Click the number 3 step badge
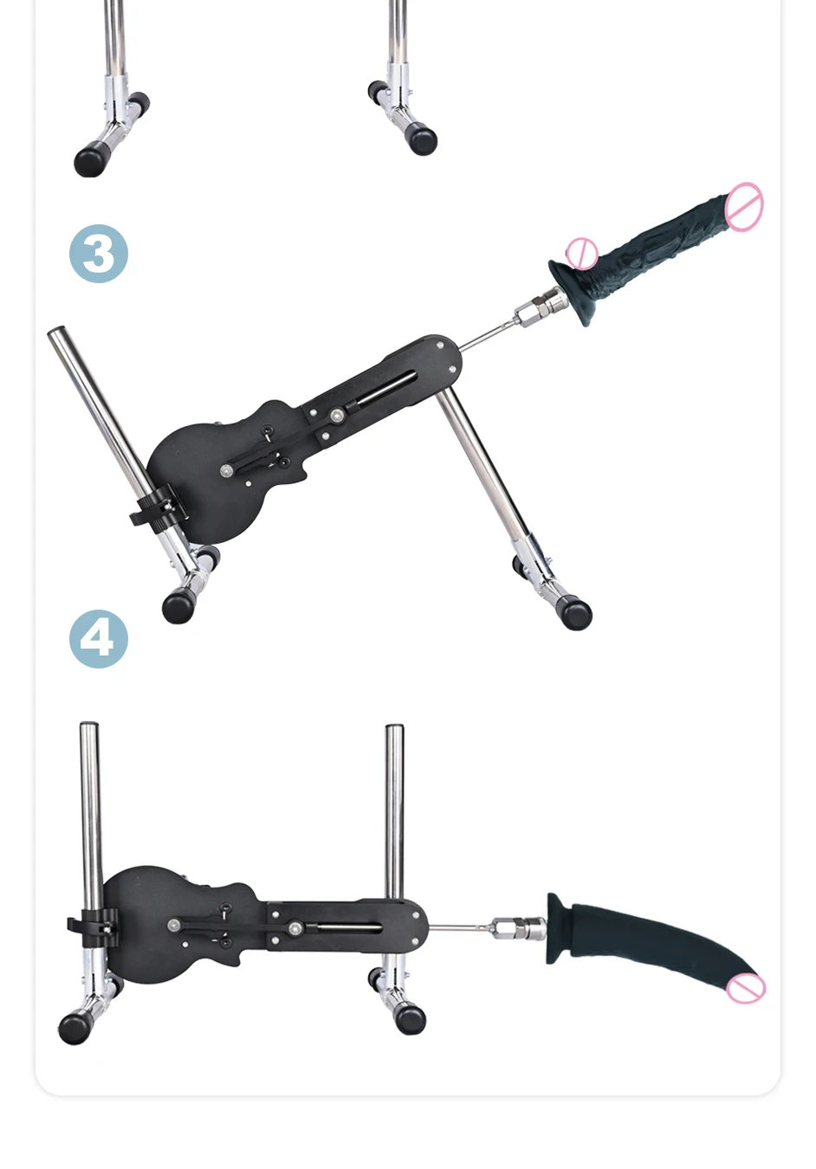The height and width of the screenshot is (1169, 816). [99, 254]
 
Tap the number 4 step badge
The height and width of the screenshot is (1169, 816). [99, 639]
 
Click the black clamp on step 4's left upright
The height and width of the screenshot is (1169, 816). [93, 928]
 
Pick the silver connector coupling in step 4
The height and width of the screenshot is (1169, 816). [519, 928]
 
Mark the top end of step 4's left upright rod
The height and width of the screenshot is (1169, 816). [88, 725]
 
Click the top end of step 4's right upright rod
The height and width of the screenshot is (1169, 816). [394, 727]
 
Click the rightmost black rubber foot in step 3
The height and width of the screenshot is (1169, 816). [575, 613]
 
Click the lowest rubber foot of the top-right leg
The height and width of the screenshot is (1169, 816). [422, 139]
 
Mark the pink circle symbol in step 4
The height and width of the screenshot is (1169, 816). [746, 988]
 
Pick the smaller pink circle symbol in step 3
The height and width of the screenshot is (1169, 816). [582, 255]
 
